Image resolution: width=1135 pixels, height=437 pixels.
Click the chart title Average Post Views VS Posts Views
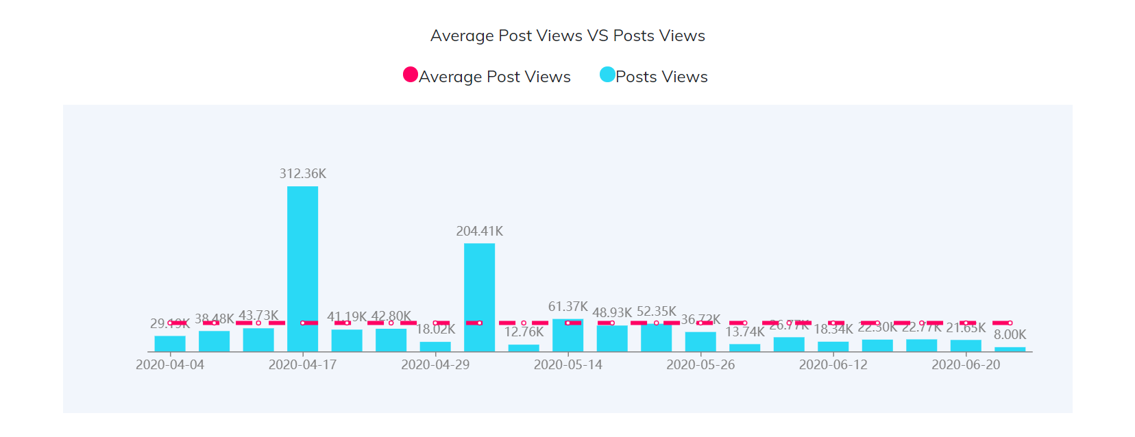[x=567, y=36]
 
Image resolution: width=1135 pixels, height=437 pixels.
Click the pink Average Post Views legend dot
[x=411, y=75]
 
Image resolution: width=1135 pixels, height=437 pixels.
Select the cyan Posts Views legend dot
[x=607, y=75]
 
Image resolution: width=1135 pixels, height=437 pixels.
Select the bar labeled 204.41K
[x=479, y=297]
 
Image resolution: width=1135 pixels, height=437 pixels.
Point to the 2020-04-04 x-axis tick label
[x=170, y=364]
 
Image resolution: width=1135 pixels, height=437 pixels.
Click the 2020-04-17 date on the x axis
[x=302, y=364]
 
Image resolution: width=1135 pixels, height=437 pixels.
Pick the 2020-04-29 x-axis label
[x=435, y=364]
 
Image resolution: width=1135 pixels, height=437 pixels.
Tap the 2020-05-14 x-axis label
[x=567, y=364]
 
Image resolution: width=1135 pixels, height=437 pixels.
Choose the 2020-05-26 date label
[x=700, y=364]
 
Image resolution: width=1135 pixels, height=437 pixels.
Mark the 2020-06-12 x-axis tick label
[x=833, y=364]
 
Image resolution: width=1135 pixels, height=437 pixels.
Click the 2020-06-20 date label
[x=966, y=364]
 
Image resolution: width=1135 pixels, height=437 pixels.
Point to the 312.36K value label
[x=302, y=174]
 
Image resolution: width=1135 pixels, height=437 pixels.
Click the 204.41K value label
[x=479, y=232]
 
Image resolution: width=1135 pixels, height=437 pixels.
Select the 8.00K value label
[x=1010, y=334]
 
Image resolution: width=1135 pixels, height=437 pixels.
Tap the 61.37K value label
[x=567, y=306]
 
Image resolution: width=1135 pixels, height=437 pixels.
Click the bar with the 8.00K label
[x=1010, y=349]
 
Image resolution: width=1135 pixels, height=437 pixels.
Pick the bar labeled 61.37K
[x=567, y=336]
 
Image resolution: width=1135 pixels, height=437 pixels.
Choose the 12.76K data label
[x=524, y=332]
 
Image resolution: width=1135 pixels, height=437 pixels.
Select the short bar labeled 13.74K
[x=744, y=348]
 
